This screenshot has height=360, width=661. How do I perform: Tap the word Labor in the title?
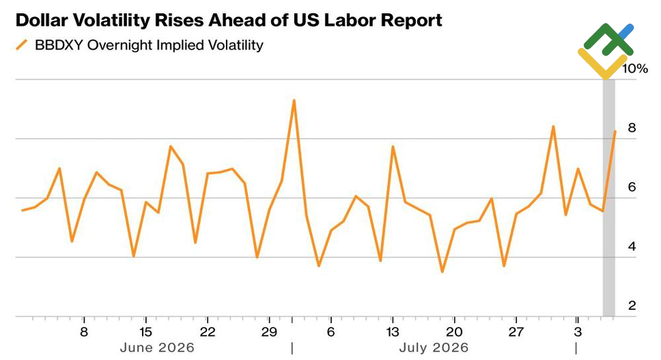click(353, 20)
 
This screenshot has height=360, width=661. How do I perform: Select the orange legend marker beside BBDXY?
click(22, 45)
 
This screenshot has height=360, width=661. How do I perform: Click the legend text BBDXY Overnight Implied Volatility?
click(149, 46)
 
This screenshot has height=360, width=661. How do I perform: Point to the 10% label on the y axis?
click(635, 69)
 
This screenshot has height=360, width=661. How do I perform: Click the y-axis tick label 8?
click(631, 127)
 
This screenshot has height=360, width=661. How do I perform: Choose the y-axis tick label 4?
click(631, 246)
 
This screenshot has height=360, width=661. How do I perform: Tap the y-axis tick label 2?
click(631, 305)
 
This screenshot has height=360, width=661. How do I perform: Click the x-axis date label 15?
click(145, 332)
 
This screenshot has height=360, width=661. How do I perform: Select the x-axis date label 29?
click(269, 332)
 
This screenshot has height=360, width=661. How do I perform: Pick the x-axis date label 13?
click(393, 332)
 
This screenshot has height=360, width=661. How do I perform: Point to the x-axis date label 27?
click(516, 332)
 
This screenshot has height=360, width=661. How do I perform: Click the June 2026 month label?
click(157, 347)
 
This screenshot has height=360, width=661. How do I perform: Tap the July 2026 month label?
click(434, 347)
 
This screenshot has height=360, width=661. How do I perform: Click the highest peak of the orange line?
click(294, 100)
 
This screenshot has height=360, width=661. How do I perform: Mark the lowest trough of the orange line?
click(442, 271)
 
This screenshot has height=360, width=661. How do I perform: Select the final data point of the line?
click(615, 131)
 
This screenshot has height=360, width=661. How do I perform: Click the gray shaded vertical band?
click(609, 198)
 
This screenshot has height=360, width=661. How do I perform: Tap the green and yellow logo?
click(605, 51)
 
